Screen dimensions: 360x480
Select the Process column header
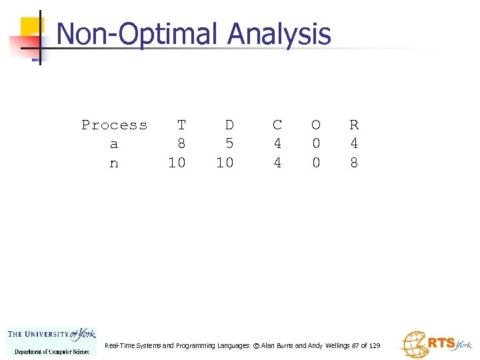click(114, 125)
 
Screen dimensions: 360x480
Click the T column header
click(181, 125)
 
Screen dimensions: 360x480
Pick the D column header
click(229, 125)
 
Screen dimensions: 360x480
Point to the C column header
click(277, 125)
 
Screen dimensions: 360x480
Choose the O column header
click(316, 125)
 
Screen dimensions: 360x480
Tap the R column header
click(354, 125)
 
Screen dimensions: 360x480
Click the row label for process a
click(114, 144)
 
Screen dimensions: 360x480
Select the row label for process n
click(114, 163)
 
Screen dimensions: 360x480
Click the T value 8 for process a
click(181, 144)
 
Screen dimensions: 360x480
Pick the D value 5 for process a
click(229, 144)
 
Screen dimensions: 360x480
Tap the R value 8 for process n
click(354, 163)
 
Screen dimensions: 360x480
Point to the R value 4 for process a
click(354, 144)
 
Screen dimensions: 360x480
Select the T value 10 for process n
click(177, 163)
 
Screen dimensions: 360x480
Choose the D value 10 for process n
click(225, 163)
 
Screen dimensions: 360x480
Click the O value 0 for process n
click(316, 163)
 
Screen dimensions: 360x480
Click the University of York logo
click(52, 341)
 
